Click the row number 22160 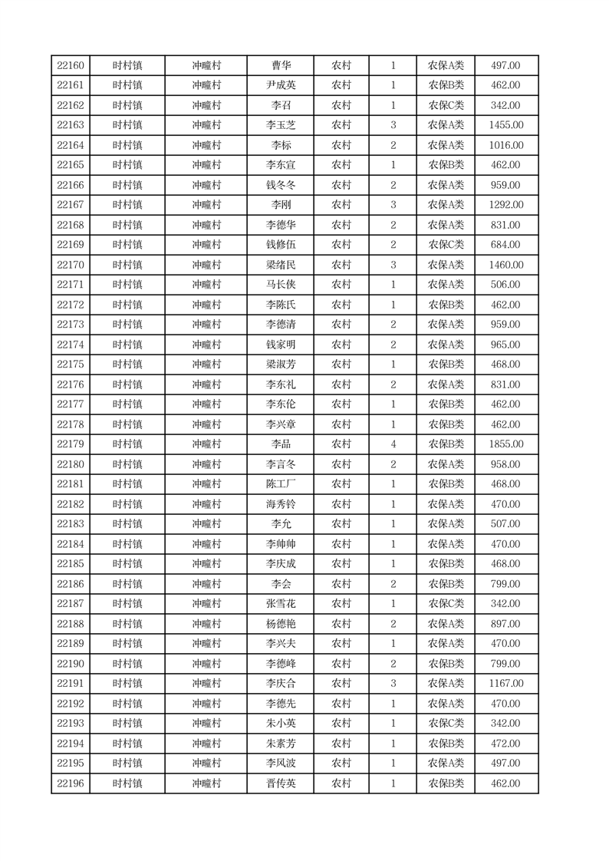[x=71, y=65]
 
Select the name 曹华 [x=281, y=65]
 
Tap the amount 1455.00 [x=505, y=125]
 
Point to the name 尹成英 [x=281, y=85]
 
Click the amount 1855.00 [x=505, y=444]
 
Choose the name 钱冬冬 [x=281, y=185]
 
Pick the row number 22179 [x=71, y=444]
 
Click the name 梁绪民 [x=281, y=265]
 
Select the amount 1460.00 [x=505, y=265]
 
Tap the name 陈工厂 [x=281, y=484]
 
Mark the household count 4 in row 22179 [x=393, y=444]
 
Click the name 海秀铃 [x=281, y=504]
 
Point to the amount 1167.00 [x=505, y=684]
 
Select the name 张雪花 [x=281, y=604]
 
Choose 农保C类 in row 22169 [x=446, y=245]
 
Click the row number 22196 [x=71, y=783]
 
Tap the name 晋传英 [x=281, y=783]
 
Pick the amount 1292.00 [x=505, y=205]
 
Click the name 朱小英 [x=281, y=724]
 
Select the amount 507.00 [x=505, y=524]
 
